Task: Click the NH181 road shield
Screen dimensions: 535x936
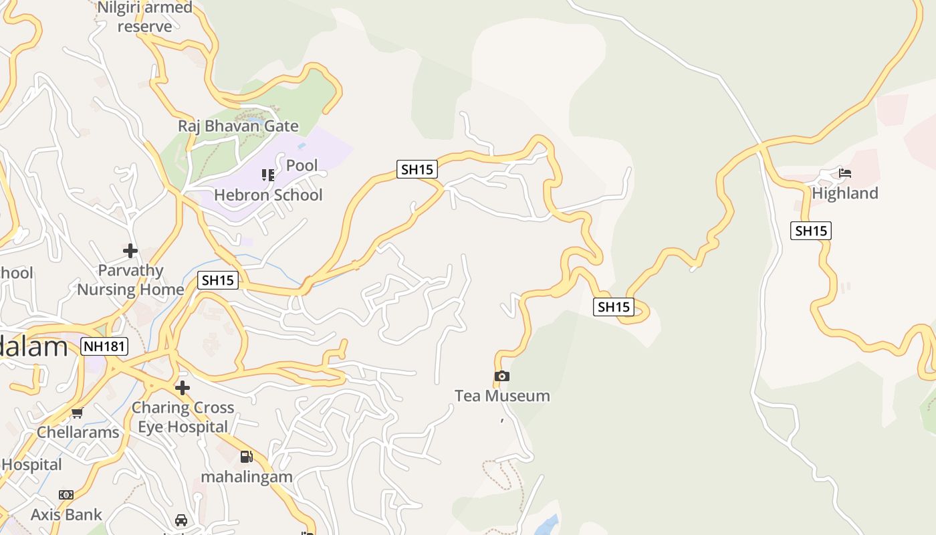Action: pyautogui.click(x=104, y=346)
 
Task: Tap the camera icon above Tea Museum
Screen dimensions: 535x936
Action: pyautogui.click(x=502, y=376)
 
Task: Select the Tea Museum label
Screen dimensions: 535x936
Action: pyautogui.click(x=502, y=396)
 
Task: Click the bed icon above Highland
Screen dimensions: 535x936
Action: pyautogui.click(x=845, y=173)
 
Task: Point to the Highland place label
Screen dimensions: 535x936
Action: pyautogui.click(x=845, y=193)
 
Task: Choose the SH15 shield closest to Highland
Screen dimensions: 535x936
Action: pyautogui.click(x=811, y=231)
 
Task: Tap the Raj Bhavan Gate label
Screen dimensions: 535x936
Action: pyautogui.click(x=238, y=126)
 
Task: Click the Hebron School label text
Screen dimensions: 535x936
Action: pyautogui.click(x=268, y=195)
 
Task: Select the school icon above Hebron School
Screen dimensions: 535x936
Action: pyautogui.click(x=268, y=175)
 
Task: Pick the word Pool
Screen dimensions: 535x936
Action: pyautogui.click(x=302, y=165)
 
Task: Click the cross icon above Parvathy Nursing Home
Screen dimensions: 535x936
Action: pyautogui.click(x=130, y=251)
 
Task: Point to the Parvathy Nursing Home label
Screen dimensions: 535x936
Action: pyautogui.click(x=130, y=280)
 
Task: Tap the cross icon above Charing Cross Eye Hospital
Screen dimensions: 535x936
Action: pyautogui.click(x=182, y=387)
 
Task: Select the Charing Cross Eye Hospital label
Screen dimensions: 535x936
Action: pyautogui.click(x=183, y=417)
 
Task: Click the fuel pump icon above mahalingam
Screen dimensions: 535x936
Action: pyautogui.click(x=247, y=457)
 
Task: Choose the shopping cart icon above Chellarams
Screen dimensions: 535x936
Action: pyautogui.click(x=78, y=413)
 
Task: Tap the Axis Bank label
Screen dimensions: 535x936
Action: pyautogui.click(x=66, y=515)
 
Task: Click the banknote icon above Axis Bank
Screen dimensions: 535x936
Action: pyautogui.click(x=66, y=495)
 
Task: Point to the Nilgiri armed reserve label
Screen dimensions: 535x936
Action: pyautogui.click(x=145, y=17)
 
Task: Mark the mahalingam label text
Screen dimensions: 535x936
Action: pyautogui.click(x=247, y=477)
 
